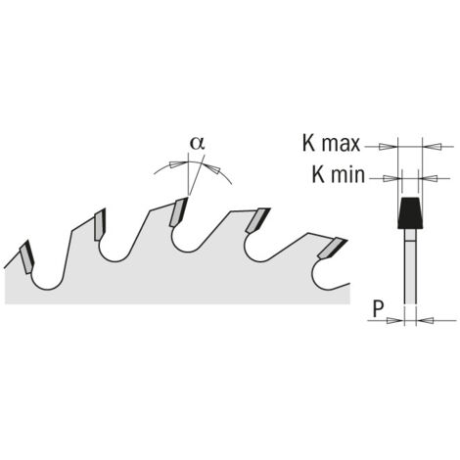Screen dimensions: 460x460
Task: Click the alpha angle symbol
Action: coord(198,143)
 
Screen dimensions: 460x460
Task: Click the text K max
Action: coord(331,143)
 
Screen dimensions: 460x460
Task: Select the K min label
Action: coord(339,174)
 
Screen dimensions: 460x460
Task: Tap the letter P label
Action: coord(378,308)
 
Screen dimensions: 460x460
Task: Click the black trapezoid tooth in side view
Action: coord(410,213)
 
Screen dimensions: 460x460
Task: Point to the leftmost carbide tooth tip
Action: coord(27,256)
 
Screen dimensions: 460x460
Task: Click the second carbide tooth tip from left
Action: coord(100,224)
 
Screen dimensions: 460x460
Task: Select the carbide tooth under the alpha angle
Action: coord(178,212)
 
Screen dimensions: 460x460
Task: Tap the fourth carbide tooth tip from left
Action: coord(257,220)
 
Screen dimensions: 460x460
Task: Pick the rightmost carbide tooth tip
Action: coord(333,249)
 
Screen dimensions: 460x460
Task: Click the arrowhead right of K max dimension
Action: coord(432,147)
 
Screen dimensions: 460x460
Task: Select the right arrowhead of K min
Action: coord(428,178)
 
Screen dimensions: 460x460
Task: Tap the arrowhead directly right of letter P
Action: coord(394,320)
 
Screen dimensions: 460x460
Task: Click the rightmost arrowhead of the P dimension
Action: coord(426,320)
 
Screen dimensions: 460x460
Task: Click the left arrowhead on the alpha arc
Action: coord(178,163)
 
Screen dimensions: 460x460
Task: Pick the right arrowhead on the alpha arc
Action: coord(212,168)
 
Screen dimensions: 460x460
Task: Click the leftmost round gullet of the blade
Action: coord(48,280)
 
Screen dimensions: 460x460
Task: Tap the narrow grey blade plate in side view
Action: coord(410,266)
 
